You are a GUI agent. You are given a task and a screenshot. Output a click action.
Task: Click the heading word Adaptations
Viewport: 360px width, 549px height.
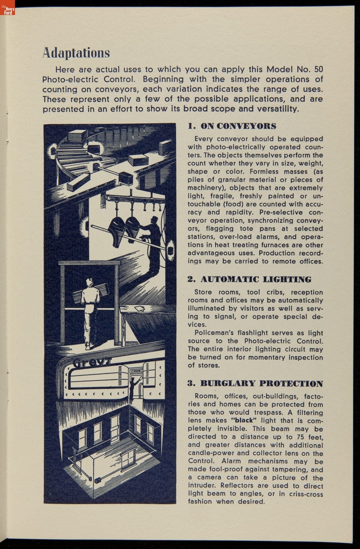tap(76, 53)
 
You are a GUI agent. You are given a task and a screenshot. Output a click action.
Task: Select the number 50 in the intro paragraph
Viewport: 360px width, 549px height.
tap(319, 69)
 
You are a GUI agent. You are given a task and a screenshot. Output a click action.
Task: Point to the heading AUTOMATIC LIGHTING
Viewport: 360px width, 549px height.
tap(250, 279)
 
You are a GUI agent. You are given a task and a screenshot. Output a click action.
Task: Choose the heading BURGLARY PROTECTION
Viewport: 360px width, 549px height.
tap(255, 384)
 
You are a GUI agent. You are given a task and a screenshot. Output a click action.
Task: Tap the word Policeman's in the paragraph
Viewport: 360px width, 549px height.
tap(214, 333)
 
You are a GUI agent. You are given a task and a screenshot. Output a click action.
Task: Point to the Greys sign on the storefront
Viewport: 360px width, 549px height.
tap(85, 364)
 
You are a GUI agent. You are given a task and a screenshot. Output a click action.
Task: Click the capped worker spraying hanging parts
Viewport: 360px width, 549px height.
tap(155, 237)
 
